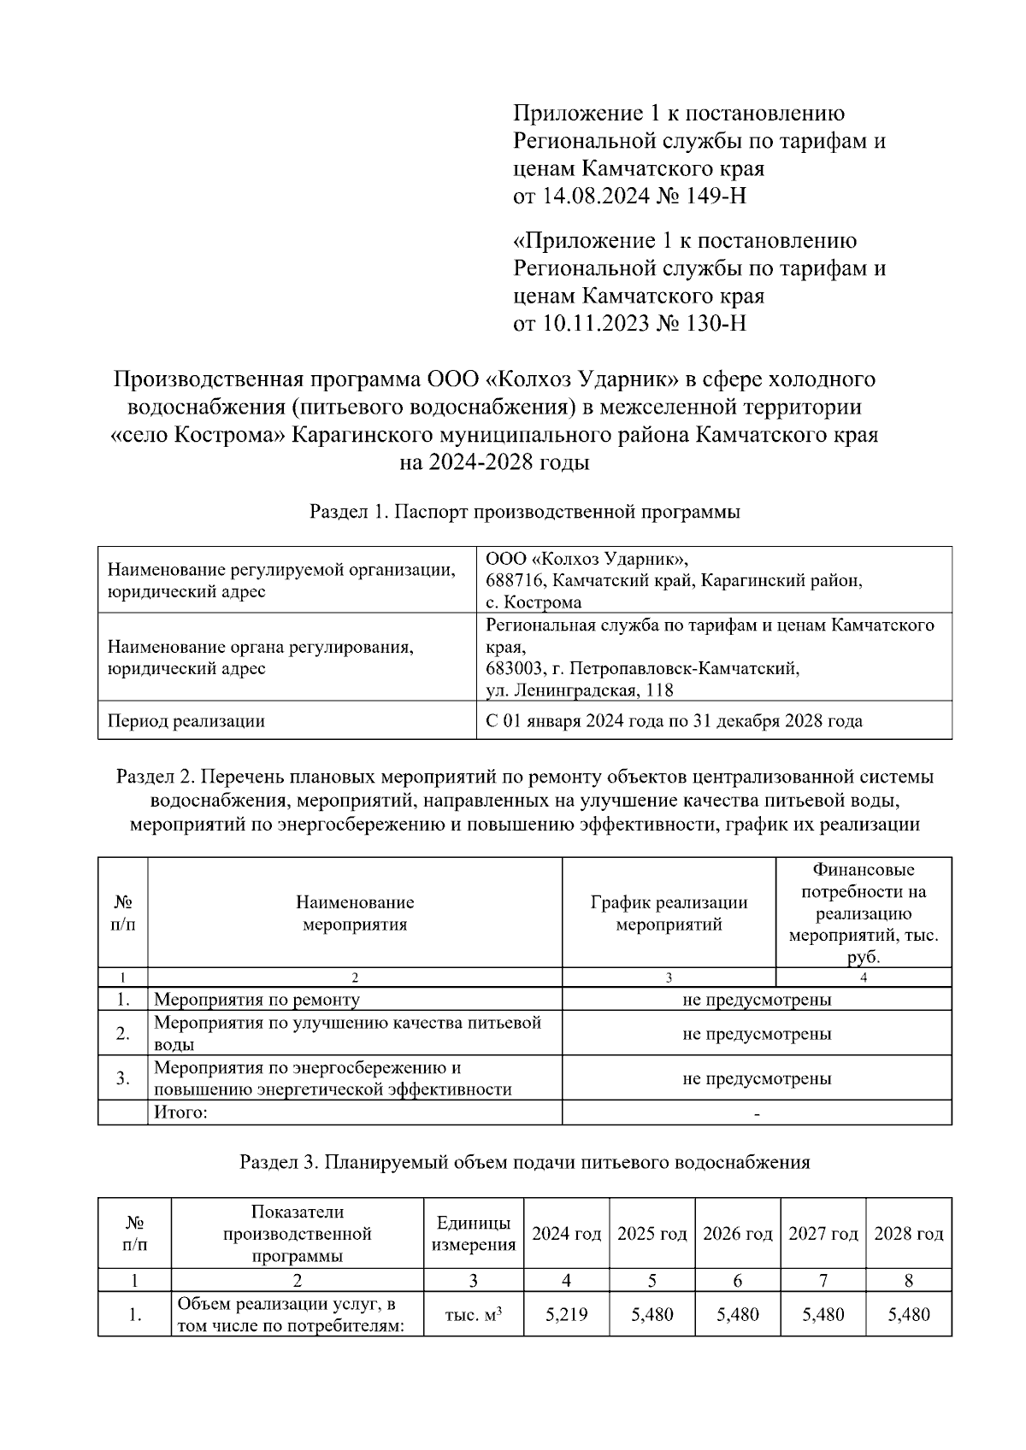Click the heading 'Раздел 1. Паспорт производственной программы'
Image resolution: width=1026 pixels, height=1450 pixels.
524,512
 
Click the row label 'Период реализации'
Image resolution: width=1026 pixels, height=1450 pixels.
186,720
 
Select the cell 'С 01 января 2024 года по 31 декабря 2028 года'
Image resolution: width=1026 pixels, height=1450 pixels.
674,720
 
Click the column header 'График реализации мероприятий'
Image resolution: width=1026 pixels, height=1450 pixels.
669,913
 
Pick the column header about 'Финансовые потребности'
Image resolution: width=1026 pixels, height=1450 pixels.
863,913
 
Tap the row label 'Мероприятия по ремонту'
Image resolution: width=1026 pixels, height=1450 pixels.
256,999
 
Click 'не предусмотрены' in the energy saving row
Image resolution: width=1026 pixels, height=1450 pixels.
756,1078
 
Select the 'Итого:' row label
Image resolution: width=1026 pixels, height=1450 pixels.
180,1112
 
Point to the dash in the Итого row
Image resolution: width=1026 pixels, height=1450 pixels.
757,1112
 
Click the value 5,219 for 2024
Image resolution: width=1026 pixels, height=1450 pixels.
566,1314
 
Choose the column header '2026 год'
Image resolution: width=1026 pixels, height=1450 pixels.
737,1234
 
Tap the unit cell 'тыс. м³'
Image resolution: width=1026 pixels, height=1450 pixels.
473,1314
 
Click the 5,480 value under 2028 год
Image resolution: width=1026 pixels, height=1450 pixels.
908,1314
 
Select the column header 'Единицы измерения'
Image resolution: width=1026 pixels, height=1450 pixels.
473,1234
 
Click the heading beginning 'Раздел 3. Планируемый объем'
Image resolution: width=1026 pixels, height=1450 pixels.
524,1162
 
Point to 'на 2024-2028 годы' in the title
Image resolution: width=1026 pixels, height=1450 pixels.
495,463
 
